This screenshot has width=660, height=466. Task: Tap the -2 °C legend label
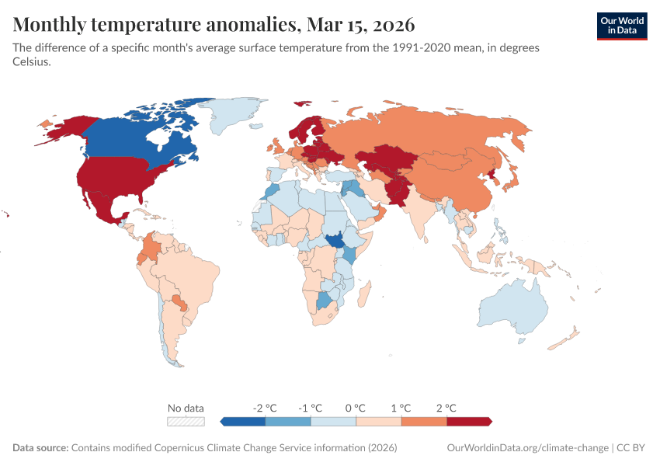coord(265,408)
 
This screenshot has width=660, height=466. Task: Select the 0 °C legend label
coord(356,408)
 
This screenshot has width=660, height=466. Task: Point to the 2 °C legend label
coord(446,408)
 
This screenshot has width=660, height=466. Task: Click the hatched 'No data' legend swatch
coord(186,421)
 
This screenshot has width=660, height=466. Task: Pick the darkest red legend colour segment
coord(469,421)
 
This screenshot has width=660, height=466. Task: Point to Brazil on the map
coord(194,272)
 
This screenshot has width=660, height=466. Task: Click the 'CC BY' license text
coord(632,448)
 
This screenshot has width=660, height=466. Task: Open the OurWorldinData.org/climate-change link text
coord(528,448)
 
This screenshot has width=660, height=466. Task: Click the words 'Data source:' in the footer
coord(40,448)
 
